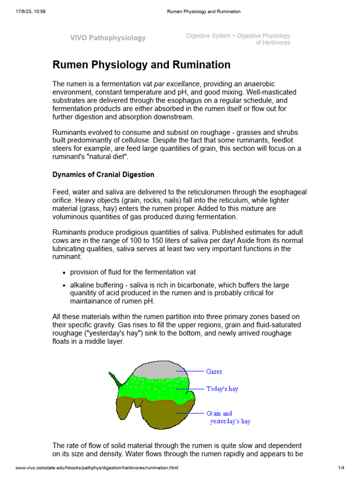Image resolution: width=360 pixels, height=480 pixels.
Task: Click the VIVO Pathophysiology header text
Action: tap(108, 38)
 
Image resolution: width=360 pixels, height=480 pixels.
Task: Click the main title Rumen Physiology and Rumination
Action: tap(141, 65)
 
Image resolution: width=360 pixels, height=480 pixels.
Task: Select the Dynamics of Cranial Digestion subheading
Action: tap(103, 174)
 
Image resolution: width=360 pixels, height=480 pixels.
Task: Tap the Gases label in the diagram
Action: tap(214, 372)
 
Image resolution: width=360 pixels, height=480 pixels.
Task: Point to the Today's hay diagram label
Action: tap(222, 389)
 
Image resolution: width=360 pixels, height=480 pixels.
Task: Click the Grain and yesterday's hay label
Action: tap(228, 417)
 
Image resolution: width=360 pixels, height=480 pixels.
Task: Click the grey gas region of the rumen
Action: tap(159, 369)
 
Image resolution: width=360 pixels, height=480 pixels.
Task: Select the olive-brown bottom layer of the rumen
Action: tap(159, 412)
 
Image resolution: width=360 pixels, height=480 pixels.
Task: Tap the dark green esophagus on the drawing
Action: tap(114, 380)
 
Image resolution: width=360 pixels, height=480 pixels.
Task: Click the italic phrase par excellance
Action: tap(177, 84)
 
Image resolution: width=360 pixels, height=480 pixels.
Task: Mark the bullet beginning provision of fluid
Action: tap(133, 272)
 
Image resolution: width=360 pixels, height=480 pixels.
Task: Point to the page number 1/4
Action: tap(341, 468)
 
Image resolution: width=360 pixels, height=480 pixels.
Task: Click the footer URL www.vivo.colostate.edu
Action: tap(97, 468)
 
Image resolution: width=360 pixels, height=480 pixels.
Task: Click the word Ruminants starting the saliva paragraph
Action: tap(69, 232)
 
